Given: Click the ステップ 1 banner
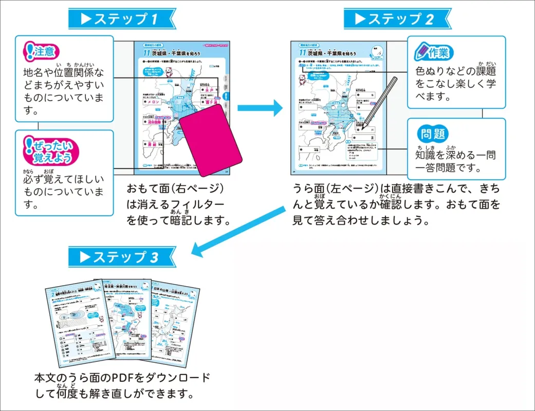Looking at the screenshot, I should pyautogui.click(x=121, y=19).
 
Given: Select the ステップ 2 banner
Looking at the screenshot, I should pyautogui.click(x=397, y=19).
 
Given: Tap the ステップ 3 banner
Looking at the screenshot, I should pyautogui.click(x=121, y=257).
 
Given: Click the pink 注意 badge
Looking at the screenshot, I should pyautogui.click(x=42, y=51).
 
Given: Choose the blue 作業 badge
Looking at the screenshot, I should pyautogui.click(x=432, y=52).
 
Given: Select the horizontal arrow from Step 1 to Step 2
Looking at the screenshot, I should pyautogui.click(x=260, y=108).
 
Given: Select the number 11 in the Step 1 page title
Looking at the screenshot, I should pyautogui.click(x=146, y=53).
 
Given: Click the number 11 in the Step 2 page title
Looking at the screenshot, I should pyautogui.click(x=303, y=53).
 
